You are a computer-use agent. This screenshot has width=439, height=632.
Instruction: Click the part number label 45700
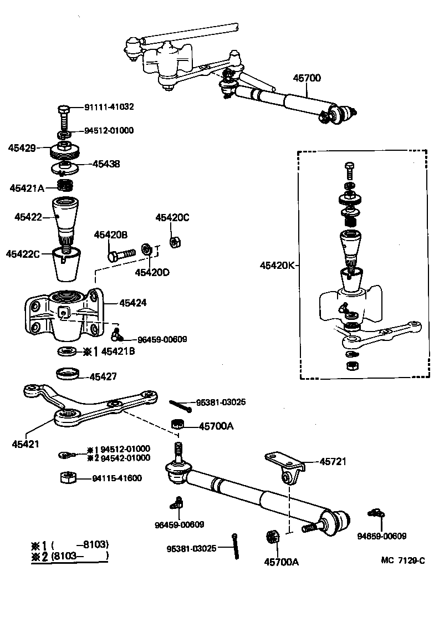(307, 78)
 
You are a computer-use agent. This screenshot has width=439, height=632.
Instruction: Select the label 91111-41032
(109, 106)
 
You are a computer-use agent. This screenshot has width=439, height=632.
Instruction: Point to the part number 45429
(22, 148)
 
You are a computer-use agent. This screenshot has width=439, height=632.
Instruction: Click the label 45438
(106, 164)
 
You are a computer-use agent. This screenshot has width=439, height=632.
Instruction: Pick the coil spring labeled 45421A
(65, 185)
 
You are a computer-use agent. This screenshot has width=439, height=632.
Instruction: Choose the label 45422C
(23, 254)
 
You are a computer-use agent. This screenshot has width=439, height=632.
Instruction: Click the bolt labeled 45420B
(122, 254)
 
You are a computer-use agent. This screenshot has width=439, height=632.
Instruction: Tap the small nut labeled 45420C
(172, 241)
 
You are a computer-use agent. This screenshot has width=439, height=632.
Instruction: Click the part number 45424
(133, 303)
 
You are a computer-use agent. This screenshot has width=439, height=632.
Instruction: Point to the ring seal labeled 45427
(69, 374)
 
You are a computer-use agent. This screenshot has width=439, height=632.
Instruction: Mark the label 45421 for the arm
(25, 444)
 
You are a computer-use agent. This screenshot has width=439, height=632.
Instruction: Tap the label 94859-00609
(381, 536)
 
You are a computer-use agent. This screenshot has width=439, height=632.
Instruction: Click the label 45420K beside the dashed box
(277, 266)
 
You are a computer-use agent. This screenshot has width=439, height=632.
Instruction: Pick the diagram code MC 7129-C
(402, 560)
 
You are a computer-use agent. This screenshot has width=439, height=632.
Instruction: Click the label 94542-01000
(125, 458)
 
